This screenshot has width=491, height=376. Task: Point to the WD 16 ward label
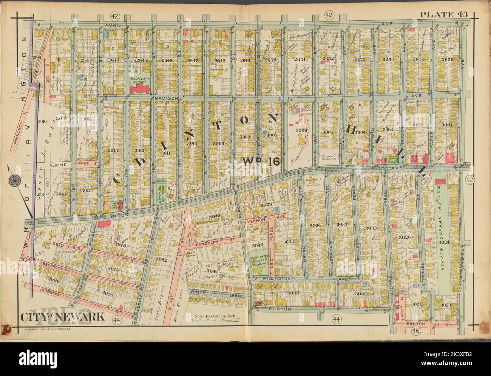click(x=260, y=162)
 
